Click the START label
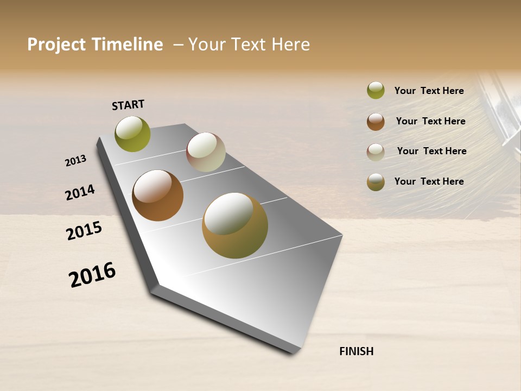128,105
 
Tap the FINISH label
356,351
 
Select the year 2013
75,161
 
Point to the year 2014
80,192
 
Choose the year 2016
92,275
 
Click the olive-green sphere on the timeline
132,134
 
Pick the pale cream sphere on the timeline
206,152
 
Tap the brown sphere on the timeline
157,195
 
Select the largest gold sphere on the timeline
234,225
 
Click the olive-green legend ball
376,90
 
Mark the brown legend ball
376,122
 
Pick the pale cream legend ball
376,152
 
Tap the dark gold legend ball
376,182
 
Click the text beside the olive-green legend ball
429,91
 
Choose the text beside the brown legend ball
430,121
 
